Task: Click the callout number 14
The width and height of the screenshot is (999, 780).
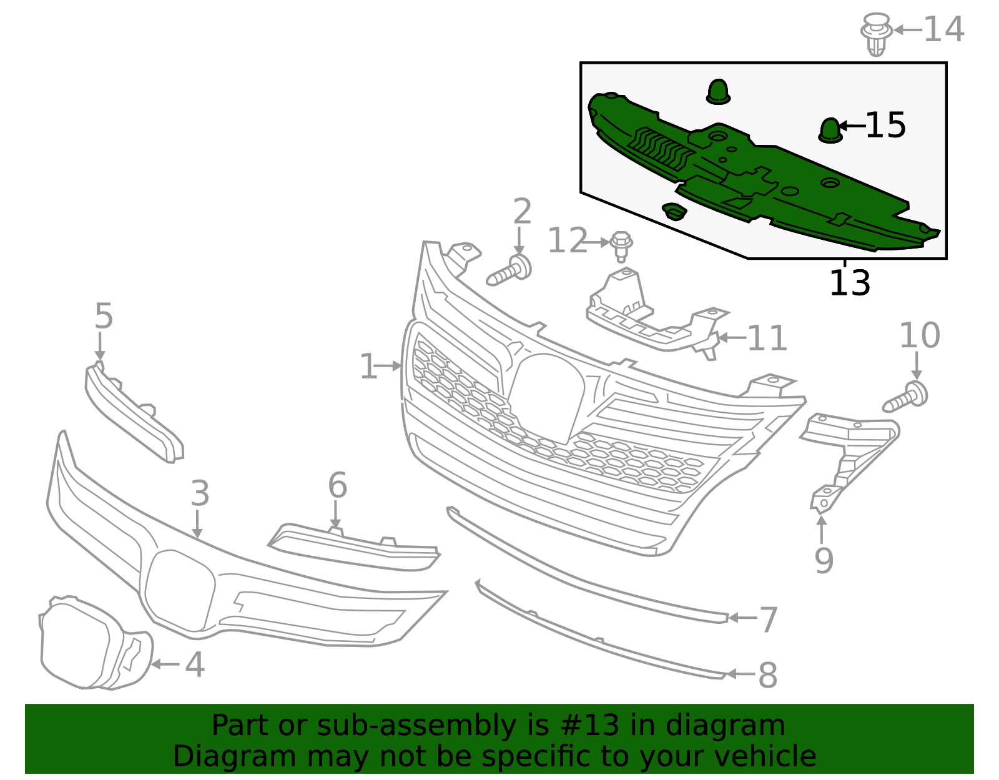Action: coord(944,29)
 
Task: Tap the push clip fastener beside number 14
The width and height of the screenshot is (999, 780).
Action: coord(876,34)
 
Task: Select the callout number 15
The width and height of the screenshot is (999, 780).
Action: coord(885,125)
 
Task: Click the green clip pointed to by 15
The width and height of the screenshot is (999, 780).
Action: coord(830,131)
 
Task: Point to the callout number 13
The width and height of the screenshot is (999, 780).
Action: coord(850,283)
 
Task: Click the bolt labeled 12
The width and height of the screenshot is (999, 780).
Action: coord(621,246)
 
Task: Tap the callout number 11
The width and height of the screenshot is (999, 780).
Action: coord(767,338)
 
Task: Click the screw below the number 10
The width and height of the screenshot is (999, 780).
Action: coord(905,397)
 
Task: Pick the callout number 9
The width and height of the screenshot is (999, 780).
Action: coord(824,561)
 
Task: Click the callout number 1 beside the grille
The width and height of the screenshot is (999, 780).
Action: coord(368,367)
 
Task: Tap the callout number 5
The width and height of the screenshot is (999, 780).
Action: coord(104,316)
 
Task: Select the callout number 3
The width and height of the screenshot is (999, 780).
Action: coord(200,493)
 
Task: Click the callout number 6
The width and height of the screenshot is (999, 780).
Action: coord(337,485)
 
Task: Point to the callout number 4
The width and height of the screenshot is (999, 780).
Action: coord(194,664)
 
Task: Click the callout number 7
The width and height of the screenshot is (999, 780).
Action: coord(768,620)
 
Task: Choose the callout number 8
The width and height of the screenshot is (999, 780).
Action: coord(768,675)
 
